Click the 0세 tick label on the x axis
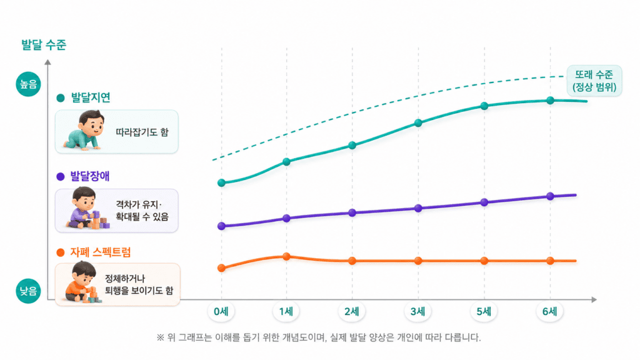click(221, 311)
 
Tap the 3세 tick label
click(417, 311)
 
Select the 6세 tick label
click(549, 311)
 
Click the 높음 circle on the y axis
click(28, 84)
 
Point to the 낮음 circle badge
click(28, 291)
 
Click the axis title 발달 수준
click(44, 44)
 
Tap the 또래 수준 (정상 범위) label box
click(594, 81)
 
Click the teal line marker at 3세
click(418, 123)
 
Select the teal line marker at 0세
click(221, 183)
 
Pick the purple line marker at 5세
click(484, 202)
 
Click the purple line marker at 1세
click(286, 218)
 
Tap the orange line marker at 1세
click(286, 257)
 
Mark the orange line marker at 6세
click(550, 261)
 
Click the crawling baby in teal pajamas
click(83, 131)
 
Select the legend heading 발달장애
click(90, 176)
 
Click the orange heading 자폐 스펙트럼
click(101, 252)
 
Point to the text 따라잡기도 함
click(142, 132)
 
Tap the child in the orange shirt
click(82, 282)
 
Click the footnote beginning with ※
click(318, 337)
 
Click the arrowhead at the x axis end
click(594, 299)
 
